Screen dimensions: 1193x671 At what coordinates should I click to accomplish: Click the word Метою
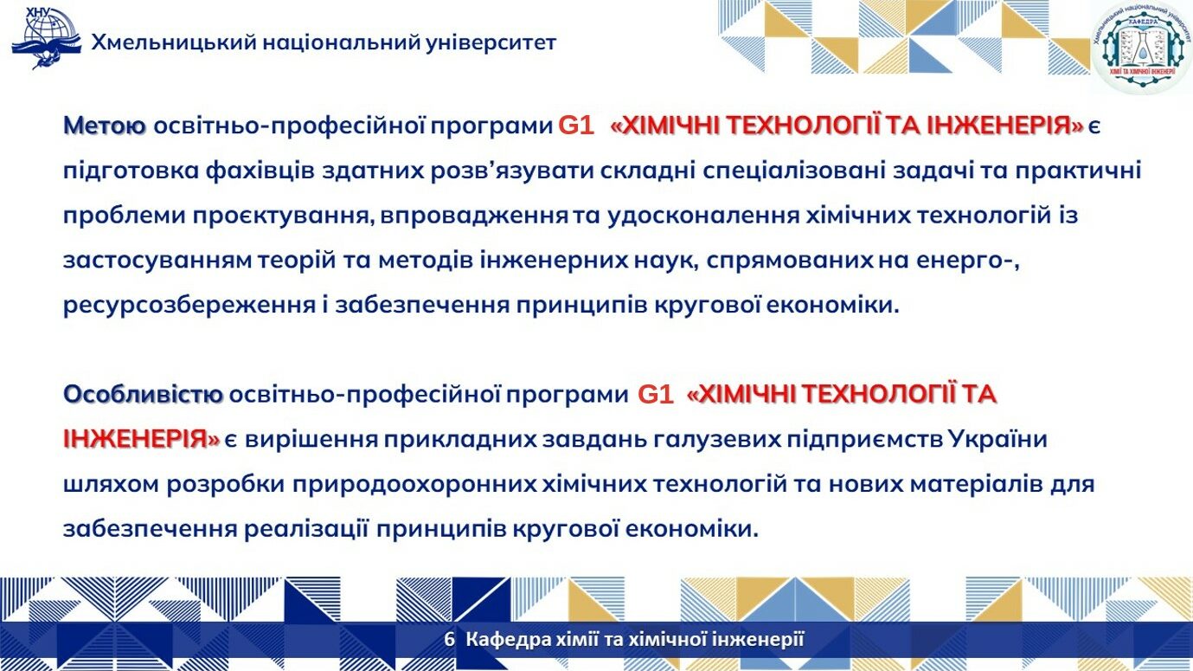(x=105, y=126)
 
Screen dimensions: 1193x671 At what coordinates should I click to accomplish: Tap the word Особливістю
(x=143, y=395)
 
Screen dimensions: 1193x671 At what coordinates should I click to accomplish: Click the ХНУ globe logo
(x=47, y=38)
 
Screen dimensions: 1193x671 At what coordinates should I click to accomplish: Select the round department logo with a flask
(x=1141, y=46)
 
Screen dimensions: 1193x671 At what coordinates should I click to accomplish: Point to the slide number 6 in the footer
(x=450, y=639)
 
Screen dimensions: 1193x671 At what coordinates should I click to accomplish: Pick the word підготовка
(x=131, y=171)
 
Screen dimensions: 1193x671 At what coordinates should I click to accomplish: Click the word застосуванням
(x=160, y=261)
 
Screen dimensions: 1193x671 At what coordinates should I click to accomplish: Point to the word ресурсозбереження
(x=189, y=306)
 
